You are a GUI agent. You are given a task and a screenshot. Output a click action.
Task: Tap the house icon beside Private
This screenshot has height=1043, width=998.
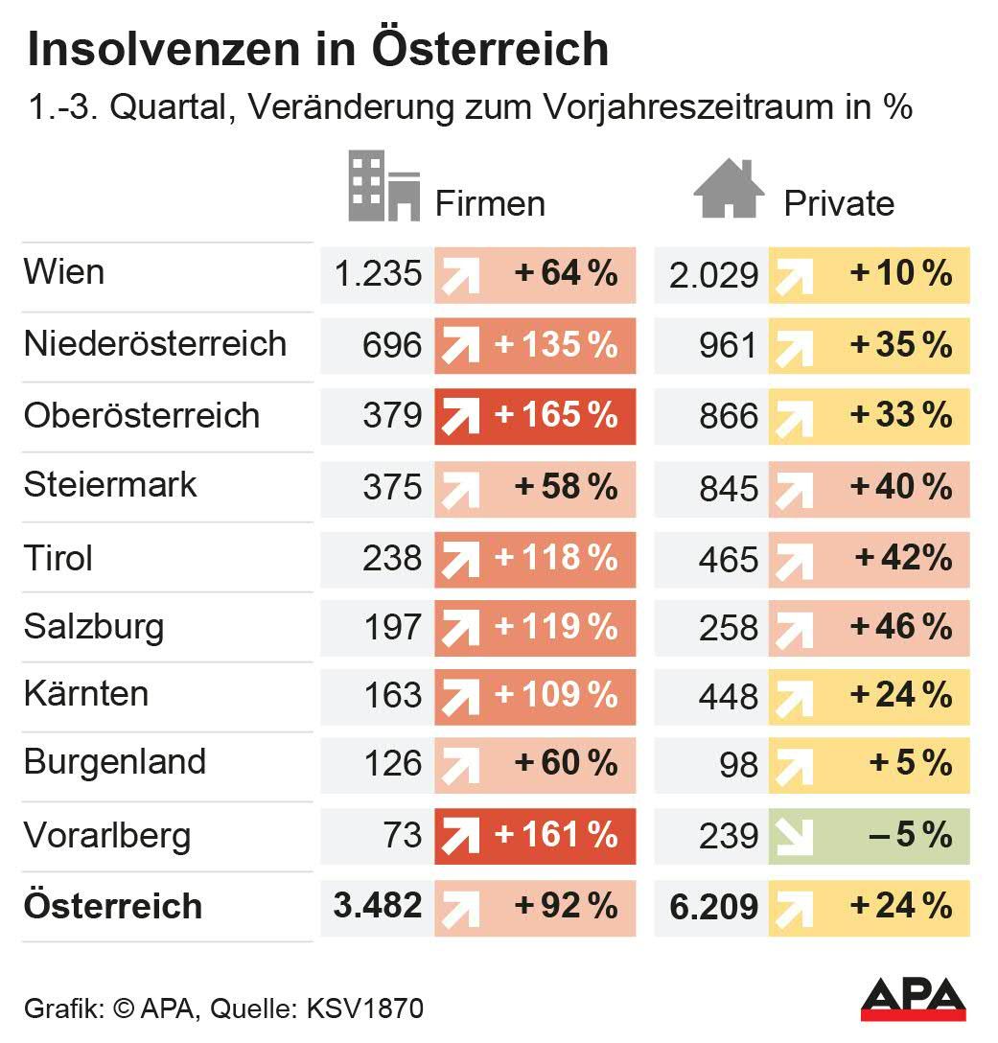[728, 189]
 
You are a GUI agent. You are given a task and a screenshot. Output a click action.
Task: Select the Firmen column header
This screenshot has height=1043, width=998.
[490, 203]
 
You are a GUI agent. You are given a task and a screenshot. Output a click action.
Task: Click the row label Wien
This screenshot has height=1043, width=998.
[64, 272]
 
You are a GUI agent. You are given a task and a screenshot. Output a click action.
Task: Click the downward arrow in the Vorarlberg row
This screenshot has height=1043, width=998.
[792, 836]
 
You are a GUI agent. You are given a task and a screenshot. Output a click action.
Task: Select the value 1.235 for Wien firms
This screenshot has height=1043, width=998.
[377, 274]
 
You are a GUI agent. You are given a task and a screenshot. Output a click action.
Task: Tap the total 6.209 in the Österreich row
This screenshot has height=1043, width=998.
[714, 907]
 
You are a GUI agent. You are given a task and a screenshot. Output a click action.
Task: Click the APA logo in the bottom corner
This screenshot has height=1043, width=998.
[913, 999]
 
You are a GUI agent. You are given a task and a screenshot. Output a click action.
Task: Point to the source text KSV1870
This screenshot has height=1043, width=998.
[364, 1008]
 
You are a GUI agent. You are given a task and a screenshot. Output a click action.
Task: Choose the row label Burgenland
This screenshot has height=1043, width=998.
[115, 762]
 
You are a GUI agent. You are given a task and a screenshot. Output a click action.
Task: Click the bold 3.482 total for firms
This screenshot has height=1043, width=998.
[377, 906]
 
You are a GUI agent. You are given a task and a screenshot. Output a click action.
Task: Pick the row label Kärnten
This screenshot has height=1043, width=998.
[86, 693]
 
